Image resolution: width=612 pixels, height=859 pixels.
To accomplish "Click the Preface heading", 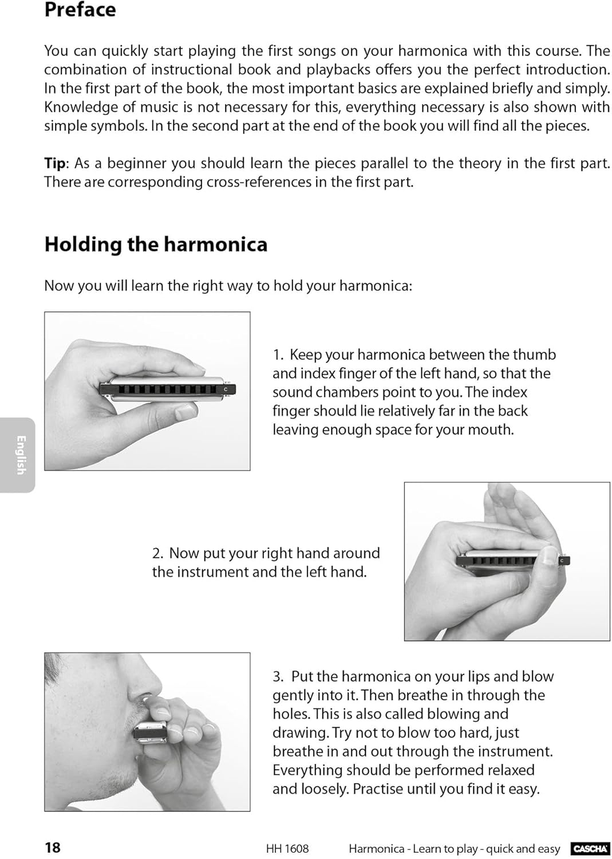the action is pos(80,10).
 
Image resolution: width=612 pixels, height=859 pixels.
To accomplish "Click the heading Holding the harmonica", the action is pos(156,245).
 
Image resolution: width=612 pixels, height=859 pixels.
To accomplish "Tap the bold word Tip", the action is pos(55,164).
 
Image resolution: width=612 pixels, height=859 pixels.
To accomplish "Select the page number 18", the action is pos(53,847).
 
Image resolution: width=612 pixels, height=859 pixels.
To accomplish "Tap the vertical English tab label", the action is pos(21,455).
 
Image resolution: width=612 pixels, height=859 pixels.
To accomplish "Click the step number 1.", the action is pos(278,355).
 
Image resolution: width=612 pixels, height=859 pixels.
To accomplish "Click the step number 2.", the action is pos(158,553).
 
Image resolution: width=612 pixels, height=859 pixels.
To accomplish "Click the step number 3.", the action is pos(278,676).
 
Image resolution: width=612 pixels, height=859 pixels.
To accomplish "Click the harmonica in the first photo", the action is pos(168,389).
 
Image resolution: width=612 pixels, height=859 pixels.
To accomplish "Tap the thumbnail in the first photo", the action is pos(186,413).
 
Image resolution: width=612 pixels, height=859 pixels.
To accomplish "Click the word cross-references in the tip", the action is pos(259,182).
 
